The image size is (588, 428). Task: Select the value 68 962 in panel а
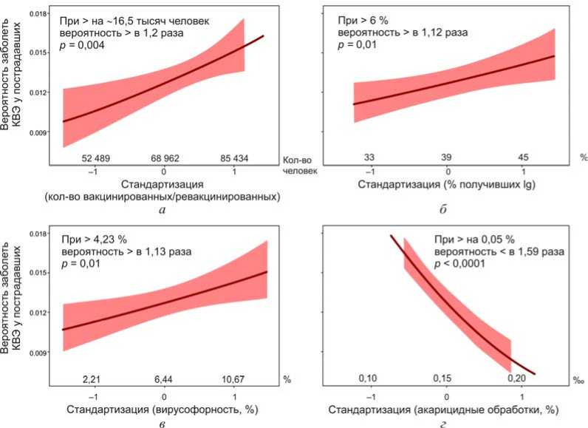click(165, 157)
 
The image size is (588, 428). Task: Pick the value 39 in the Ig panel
click(448, 157)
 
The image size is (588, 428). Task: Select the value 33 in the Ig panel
click(370, 157)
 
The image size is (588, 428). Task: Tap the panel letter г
click(444, 424)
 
